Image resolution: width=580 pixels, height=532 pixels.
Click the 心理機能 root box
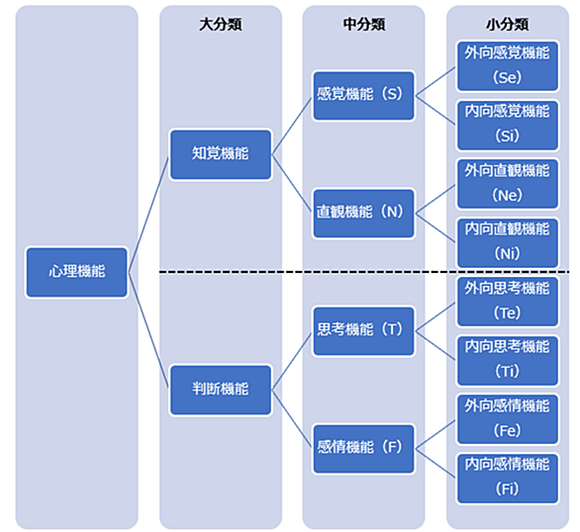click(x=77, y=272)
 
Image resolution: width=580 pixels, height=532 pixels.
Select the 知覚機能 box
click(x=221, y=154)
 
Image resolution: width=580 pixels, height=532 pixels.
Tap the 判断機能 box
click(x=221, y=390)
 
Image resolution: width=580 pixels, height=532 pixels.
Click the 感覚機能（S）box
click(x=363, y=96)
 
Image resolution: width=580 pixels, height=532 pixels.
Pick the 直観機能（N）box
click(x=363, y=214)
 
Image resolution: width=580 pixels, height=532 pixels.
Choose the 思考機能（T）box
click(x=363, y=331)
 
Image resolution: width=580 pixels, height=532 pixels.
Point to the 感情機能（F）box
click(x=363, y=449)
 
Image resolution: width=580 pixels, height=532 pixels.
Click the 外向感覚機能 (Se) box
click(x=507, y=66)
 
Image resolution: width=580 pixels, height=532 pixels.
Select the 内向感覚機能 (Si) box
click(x=507, y=126)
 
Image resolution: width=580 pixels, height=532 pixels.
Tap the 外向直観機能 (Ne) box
click(x=507, y=184)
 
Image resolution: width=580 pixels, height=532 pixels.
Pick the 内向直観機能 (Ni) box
click(x=507, y=242)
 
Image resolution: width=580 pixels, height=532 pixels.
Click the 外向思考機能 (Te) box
click(x=507, y=302)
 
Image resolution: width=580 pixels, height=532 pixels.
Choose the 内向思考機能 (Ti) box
click(x=507, y=361)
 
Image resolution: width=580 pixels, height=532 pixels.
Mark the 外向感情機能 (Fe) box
click(x=507, y=419)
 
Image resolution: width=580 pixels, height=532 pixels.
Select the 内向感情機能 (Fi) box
click(x=507, y=479)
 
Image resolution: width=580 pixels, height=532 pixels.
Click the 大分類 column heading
click(x=221, y=25)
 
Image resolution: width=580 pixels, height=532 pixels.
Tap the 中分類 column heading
click(x=364, y=25)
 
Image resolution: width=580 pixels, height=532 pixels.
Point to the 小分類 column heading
click(x=507, y=25)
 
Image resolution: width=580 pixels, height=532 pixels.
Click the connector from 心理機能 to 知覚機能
click(x=148, y=215)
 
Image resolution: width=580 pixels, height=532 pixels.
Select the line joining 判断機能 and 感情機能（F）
click(x=292, y=419)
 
